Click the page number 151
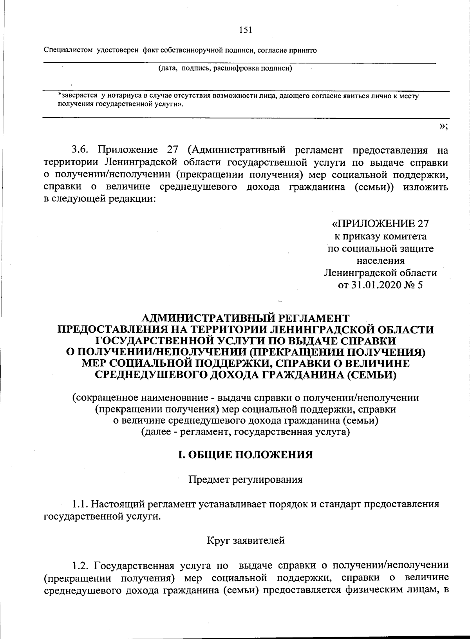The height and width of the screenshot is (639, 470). (245, 30)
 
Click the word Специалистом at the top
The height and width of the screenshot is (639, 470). (69, 50)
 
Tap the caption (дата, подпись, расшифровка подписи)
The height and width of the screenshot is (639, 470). (225, 69)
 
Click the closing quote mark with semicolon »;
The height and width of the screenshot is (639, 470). (443, 126)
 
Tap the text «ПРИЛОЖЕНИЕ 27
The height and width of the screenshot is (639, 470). (380, 224)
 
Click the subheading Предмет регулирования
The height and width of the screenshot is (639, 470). (246, 479)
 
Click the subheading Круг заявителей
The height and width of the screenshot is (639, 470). (246, 540)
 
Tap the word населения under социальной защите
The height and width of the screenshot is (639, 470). (380, 261)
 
